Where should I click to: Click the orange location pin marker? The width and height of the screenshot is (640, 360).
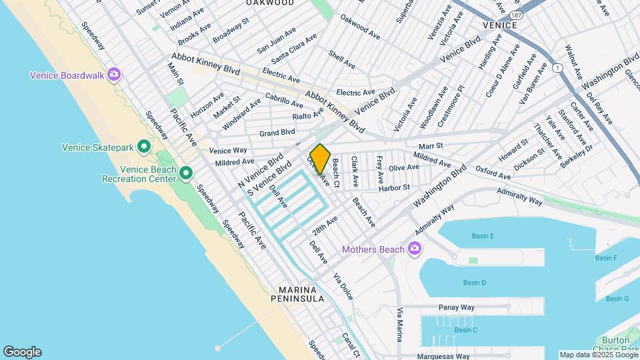point(320,159)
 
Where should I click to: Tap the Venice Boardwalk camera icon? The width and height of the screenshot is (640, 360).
point(114,75)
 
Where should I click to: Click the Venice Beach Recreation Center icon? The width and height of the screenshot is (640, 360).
point(186,173)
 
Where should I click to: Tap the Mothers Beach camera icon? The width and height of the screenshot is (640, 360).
point(415,249)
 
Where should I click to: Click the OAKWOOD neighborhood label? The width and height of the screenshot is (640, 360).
point(270,3)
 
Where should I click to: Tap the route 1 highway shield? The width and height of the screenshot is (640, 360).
point(556,67)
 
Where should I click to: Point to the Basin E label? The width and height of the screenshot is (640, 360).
point(483,236)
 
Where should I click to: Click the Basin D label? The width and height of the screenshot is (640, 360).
point(475,283)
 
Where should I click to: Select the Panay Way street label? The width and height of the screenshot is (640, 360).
point(457,307)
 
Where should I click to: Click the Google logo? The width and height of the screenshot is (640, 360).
point(22,351)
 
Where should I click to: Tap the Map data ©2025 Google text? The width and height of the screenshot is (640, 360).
point(598,355)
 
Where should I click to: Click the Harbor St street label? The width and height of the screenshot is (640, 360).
point(394,189)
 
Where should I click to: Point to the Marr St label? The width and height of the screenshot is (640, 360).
point(431,146)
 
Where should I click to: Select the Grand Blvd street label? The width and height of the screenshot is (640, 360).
point(277,132)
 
